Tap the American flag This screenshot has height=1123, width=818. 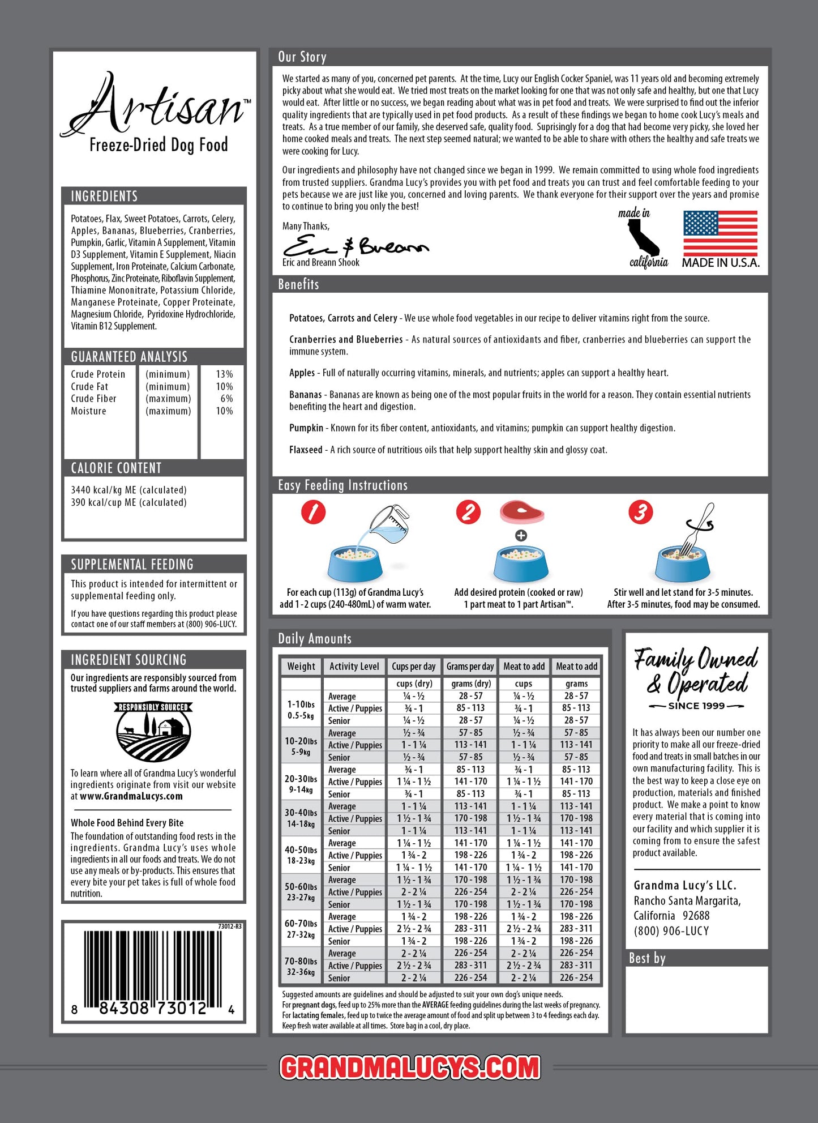(x=720, y=233)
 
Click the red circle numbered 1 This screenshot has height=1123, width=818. (x=313, y=513)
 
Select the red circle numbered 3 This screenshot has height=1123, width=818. (x=640, y=513)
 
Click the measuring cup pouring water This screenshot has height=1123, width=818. (x=389, y=523)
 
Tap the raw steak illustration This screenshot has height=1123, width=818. (x=521, y=512)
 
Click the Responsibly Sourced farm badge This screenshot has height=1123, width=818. (x=153, y=731)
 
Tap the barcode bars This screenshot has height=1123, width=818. (x=153, y=968)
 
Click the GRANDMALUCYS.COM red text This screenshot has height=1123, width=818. (x=410, y=1068)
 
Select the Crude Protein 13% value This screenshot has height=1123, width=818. (x=224, y=374)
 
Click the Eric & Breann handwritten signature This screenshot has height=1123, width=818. (x=355, y=246)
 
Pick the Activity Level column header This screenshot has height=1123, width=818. (x=354, y=667)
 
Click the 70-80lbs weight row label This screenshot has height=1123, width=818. (x=301, y=966)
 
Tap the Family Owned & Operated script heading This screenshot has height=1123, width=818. (x=696, y=672)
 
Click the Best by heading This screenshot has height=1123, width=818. (x=647, y=958)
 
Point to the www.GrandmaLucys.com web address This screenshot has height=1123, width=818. (x=131, y=796)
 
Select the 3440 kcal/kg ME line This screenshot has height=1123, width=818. (x=129, y=490)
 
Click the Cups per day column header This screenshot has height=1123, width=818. (x=414, y=667)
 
